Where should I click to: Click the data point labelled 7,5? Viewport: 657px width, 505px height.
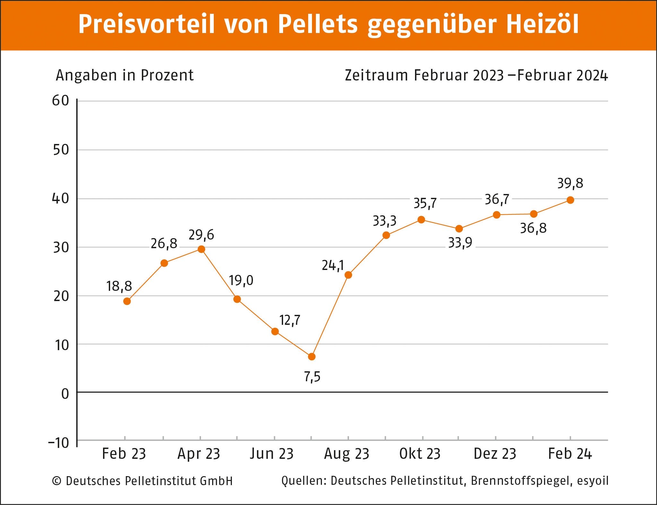click(311, 357)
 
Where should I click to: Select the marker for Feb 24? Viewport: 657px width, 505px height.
click(570, 200)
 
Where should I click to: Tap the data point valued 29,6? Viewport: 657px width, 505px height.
click(201, 249)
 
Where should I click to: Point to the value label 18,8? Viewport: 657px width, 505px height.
click(119, 286)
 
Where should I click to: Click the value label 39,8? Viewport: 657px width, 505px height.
click(570, 183)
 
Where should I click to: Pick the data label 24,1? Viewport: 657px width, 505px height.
click(333, 265)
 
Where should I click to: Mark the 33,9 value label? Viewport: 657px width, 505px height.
click(460, 243)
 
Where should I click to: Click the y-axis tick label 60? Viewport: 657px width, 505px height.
click(61, 101)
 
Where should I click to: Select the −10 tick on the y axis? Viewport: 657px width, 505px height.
click(59, 443)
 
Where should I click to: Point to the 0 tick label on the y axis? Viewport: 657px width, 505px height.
click(65, 394)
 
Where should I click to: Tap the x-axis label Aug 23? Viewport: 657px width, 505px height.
click(347, 454)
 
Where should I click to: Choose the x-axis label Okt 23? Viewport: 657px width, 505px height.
click(420, 454)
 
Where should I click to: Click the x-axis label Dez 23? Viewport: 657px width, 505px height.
click(495, 454)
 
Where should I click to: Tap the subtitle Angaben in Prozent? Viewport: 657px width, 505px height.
click(125, 75)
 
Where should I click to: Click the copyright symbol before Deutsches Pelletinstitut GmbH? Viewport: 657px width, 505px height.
click(56, 481)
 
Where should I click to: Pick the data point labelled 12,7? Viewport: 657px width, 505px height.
click(275, 331)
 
